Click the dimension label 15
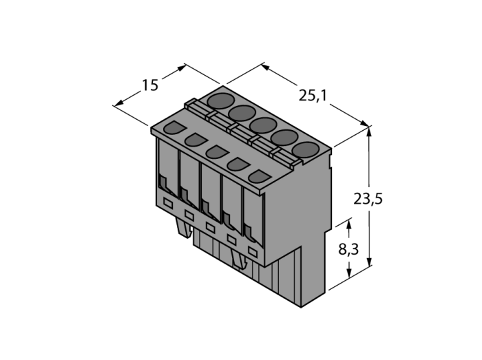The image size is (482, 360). pyautogui.click(x=150, y=85)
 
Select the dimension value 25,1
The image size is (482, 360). pyautogui.click(x=313, y=96)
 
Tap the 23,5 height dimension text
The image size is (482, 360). pyautogui.click(x=368, y=199)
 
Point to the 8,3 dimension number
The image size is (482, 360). pyautogui.click(x=348, y=249)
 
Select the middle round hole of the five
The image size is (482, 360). pyautogui.click(x=263, y=125)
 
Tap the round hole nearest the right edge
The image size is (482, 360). pyautogui.click(x=306, y=150)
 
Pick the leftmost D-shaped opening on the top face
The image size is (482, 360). pyautogui.click(x=174, y=127)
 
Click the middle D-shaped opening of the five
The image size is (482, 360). pyautogui.click(x=216, y=152)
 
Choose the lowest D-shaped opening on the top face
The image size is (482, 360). pyautogui.click(x=259, y=177)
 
